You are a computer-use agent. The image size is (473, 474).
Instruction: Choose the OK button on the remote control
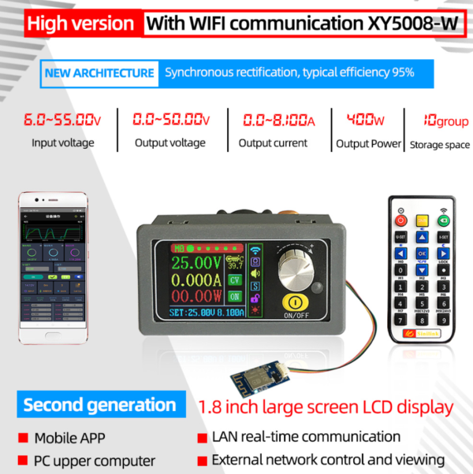(421, 254)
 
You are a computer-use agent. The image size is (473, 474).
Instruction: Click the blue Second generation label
(99, 405)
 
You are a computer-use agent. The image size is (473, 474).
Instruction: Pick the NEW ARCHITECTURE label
(99, 73)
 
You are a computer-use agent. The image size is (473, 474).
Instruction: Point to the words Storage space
(438, 145)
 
